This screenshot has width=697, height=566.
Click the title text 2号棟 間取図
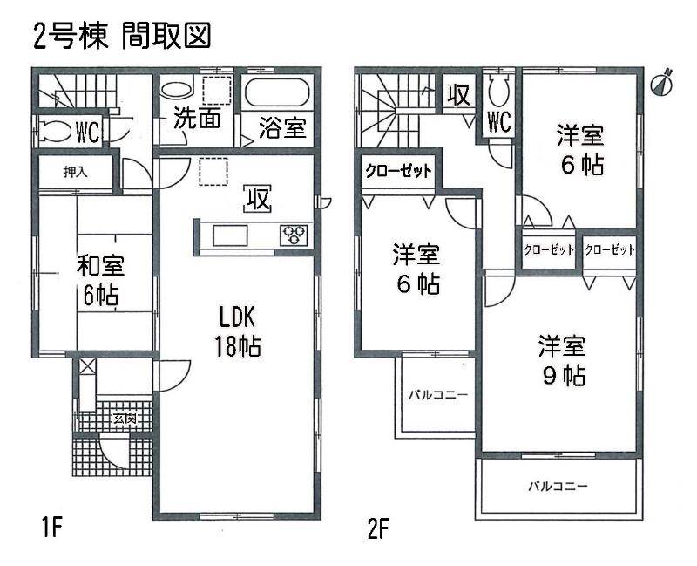122,38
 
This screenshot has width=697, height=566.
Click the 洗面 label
195,120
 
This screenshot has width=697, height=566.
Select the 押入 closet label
75,173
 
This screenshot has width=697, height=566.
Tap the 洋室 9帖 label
560,360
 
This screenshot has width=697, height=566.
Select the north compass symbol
664,82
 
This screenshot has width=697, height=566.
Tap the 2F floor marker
376,528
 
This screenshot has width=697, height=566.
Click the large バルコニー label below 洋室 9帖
558,486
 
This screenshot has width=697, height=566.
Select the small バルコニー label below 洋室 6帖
438,395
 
